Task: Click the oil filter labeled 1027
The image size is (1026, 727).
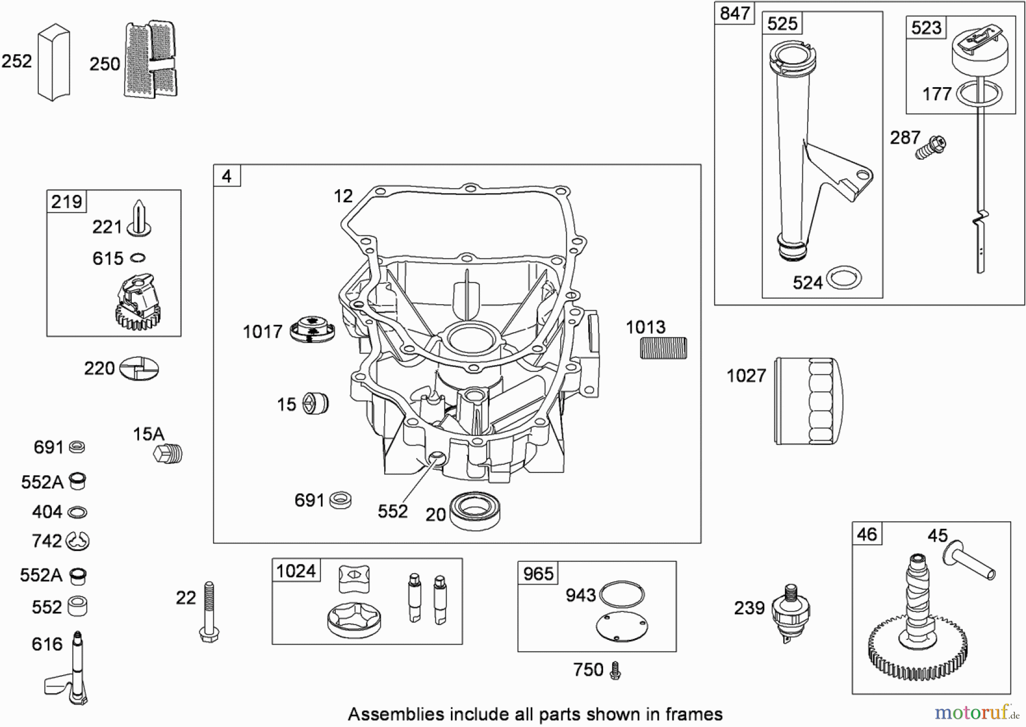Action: pos(805,401)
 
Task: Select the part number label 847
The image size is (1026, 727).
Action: pos(735,13)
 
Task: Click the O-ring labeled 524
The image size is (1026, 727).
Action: pos(844,278)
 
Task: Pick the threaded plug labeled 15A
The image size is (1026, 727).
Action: pos(169,454)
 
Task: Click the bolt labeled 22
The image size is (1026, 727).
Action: pos(209,612)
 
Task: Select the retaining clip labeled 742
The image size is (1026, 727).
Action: pos(78,541)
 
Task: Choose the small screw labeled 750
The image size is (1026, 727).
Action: pos(615,670)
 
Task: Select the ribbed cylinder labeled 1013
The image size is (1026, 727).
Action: pos(663,348)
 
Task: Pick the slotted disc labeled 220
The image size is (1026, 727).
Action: pos(139,369)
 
